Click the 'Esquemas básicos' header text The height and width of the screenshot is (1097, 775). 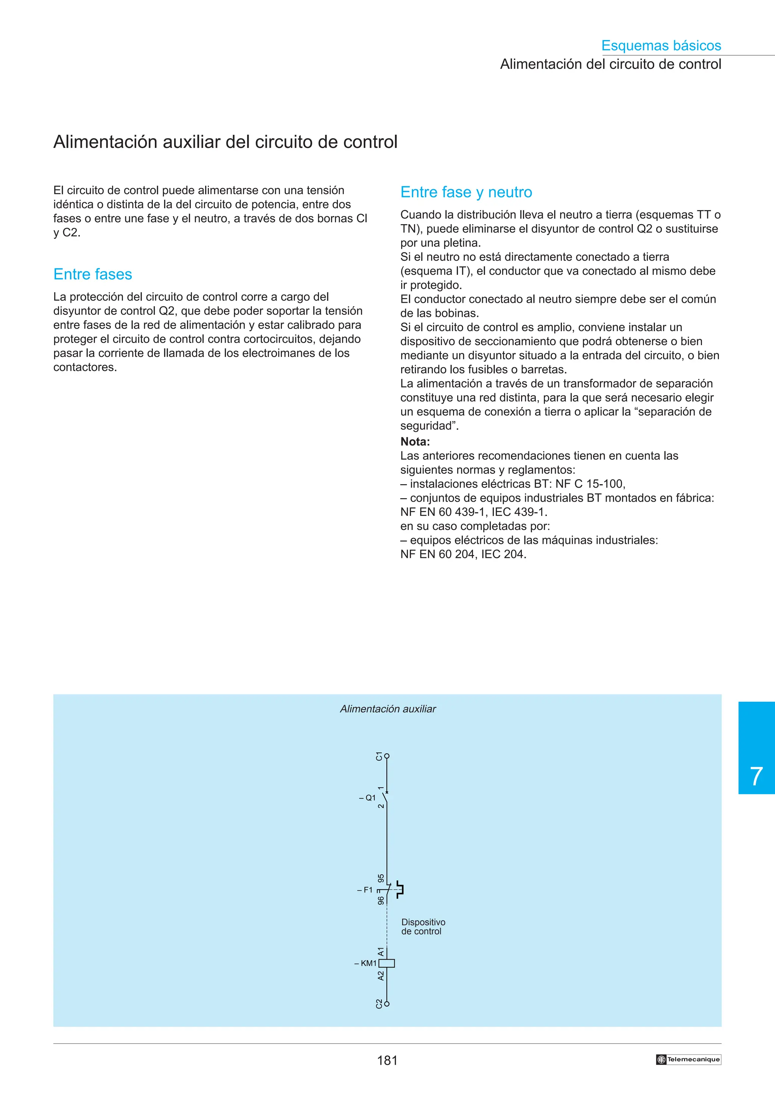point(661,45)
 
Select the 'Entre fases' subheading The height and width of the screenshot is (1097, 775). point(93,274)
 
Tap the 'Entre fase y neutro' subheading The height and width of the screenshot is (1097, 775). point(466,192)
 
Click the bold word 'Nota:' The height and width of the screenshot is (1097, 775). point(415,441)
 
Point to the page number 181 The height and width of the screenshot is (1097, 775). point(387,1061)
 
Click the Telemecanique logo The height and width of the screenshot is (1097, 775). point(688,1059)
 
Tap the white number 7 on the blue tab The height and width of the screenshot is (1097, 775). point(756,776)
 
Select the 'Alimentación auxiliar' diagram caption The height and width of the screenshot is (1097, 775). point(388,709)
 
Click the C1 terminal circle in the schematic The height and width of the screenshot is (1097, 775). point(387,756)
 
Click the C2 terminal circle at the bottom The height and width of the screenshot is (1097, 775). point(387,1004)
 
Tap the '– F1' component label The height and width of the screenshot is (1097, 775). point(365,890)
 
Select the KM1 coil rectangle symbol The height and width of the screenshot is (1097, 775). point(387,963)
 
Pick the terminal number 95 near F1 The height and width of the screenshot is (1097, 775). point(381,878)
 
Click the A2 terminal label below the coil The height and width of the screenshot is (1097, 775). point(381,975)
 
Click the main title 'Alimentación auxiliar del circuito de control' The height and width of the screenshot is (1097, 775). point(226,142)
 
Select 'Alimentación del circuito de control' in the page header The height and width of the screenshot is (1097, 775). point(610,64)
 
